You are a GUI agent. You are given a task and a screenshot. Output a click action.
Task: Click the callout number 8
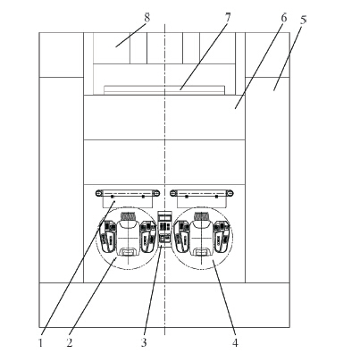coord(147,18)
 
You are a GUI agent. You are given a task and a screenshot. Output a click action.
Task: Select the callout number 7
coord(228,18)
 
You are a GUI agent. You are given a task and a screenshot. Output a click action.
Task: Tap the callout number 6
coord(284,18)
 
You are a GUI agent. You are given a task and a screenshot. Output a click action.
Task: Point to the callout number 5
coord(303,20)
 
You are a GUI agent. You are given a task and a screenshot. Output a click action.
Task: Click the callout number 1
coord(41,342)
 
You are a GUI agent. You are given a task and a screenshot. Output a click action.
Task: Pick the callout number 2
coord(70,342)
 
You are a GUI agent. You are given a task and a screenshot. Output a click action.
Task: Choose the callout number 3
coord(144,342)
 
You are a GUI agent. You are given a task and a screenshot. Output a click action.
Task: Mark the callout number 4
coord(235,342)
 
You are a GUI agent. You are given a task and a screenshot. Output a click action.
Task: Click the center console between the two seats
coord(164,229)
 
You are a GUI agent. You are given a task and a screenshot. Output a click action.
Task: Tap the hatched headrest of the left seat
coord(128,215)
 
